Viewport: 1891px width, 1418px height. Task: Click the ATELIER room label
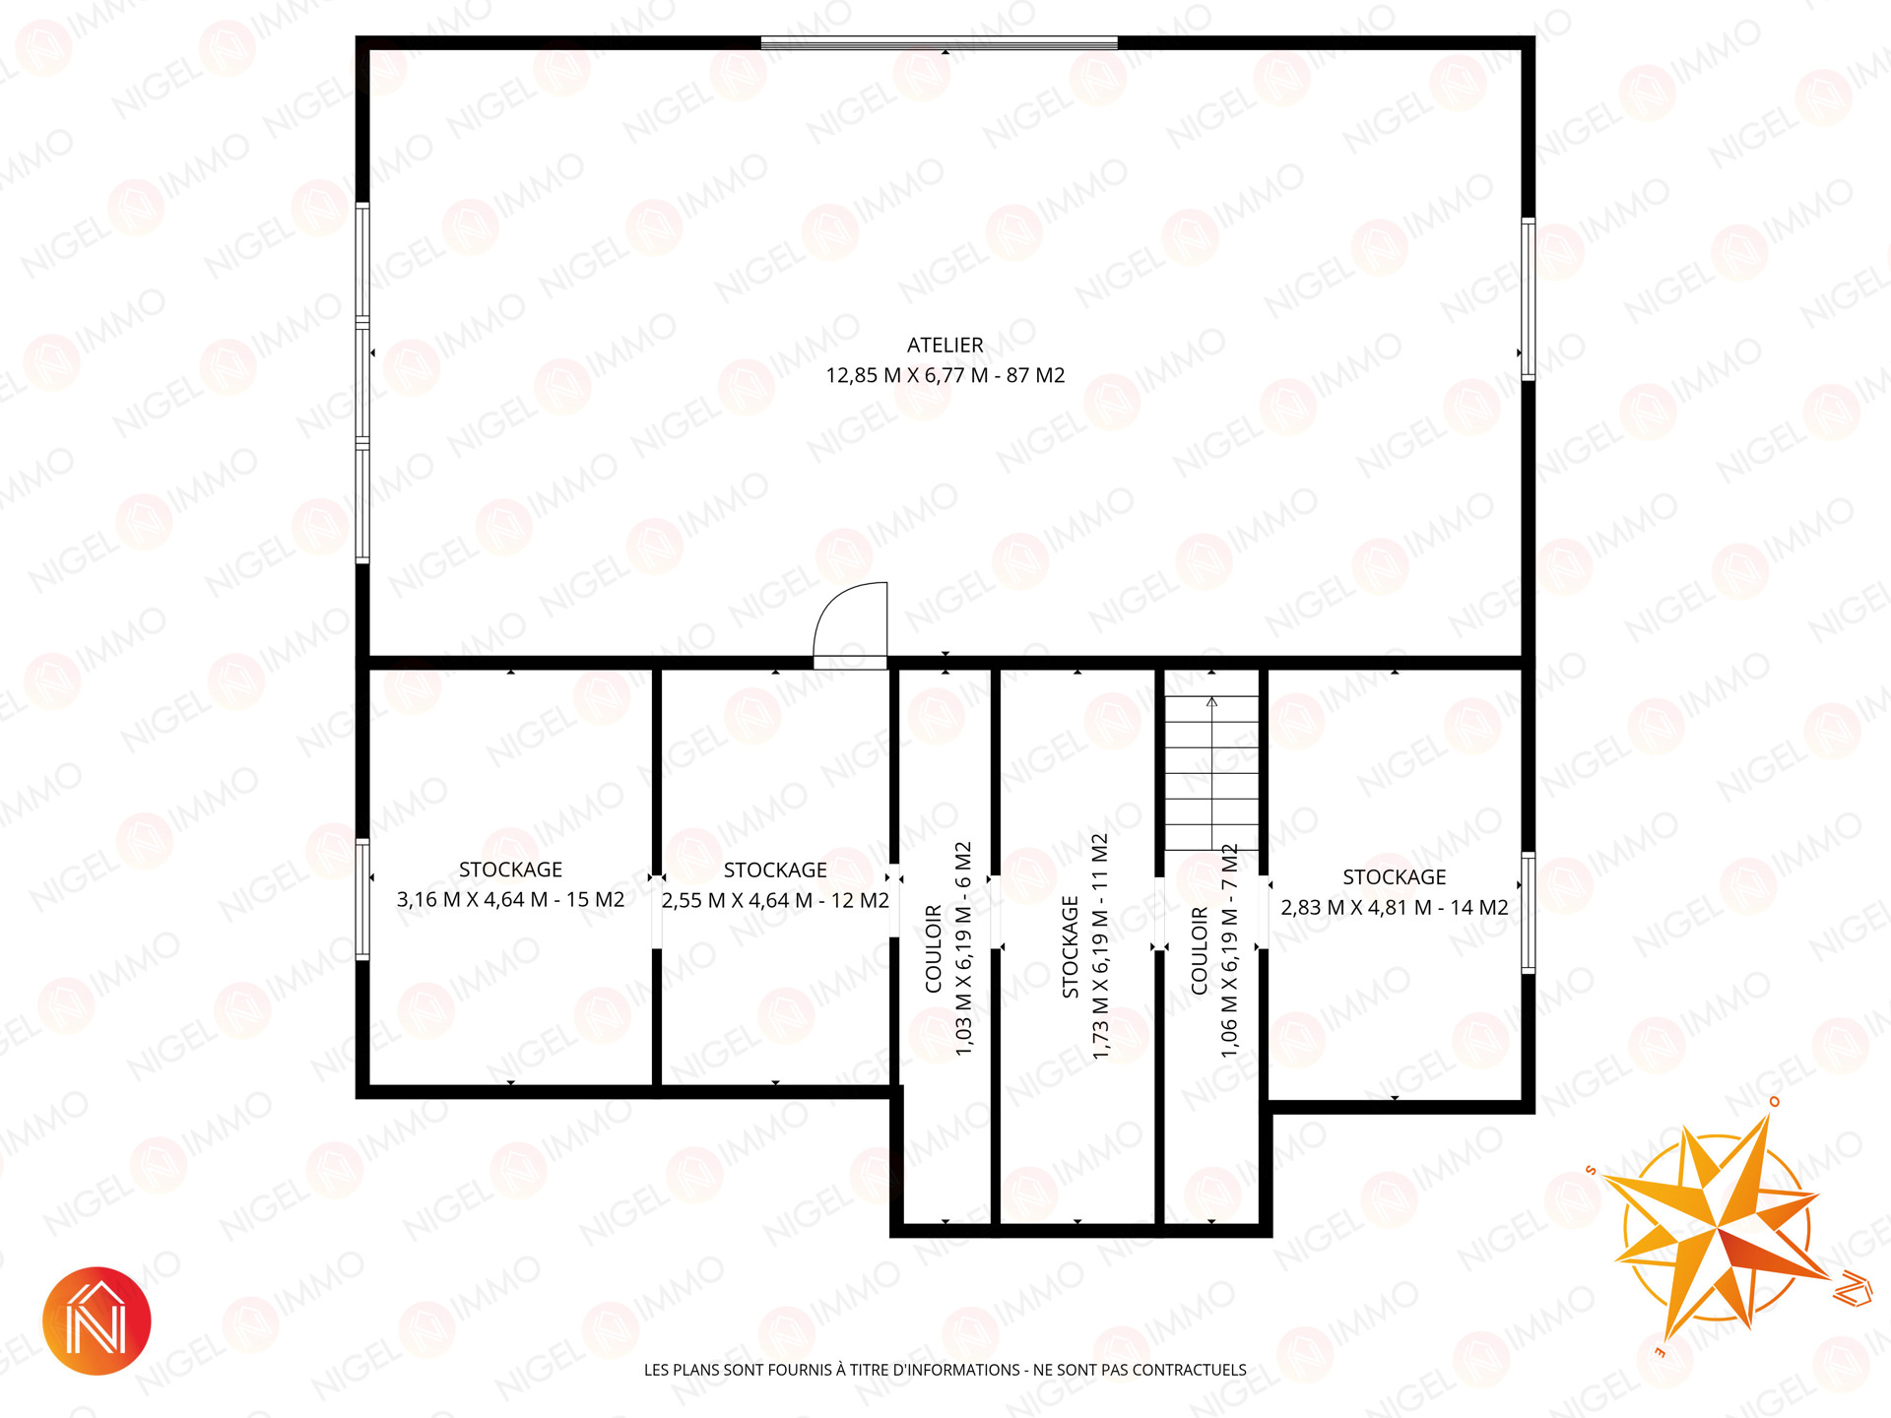(x=945, y=345)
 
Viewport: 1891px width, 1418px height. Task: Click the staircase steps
(x=1211, y=773)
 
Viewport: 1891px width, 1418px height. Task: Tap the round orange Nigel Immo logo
(x=97, y=1321)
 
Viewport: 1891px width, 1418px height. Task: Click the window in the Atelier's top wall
(x=940, y=42)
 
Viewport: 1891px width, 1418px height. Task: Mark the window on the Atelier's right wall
(x=1528, y=298)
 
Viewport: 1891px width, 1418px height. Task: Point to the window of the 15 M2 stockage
(x=362, y=899)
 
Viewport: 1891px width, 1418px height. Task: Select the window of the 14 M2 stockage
(x=1528, y=913)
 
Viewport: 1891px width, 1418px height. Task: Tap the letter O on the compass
(x=1774, y=1101)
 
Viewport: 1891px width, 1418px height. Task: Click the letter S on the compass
(x=1591, y=1170)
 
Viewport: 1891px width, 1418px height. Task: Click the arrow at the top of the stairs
(x=1211, y=702)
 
